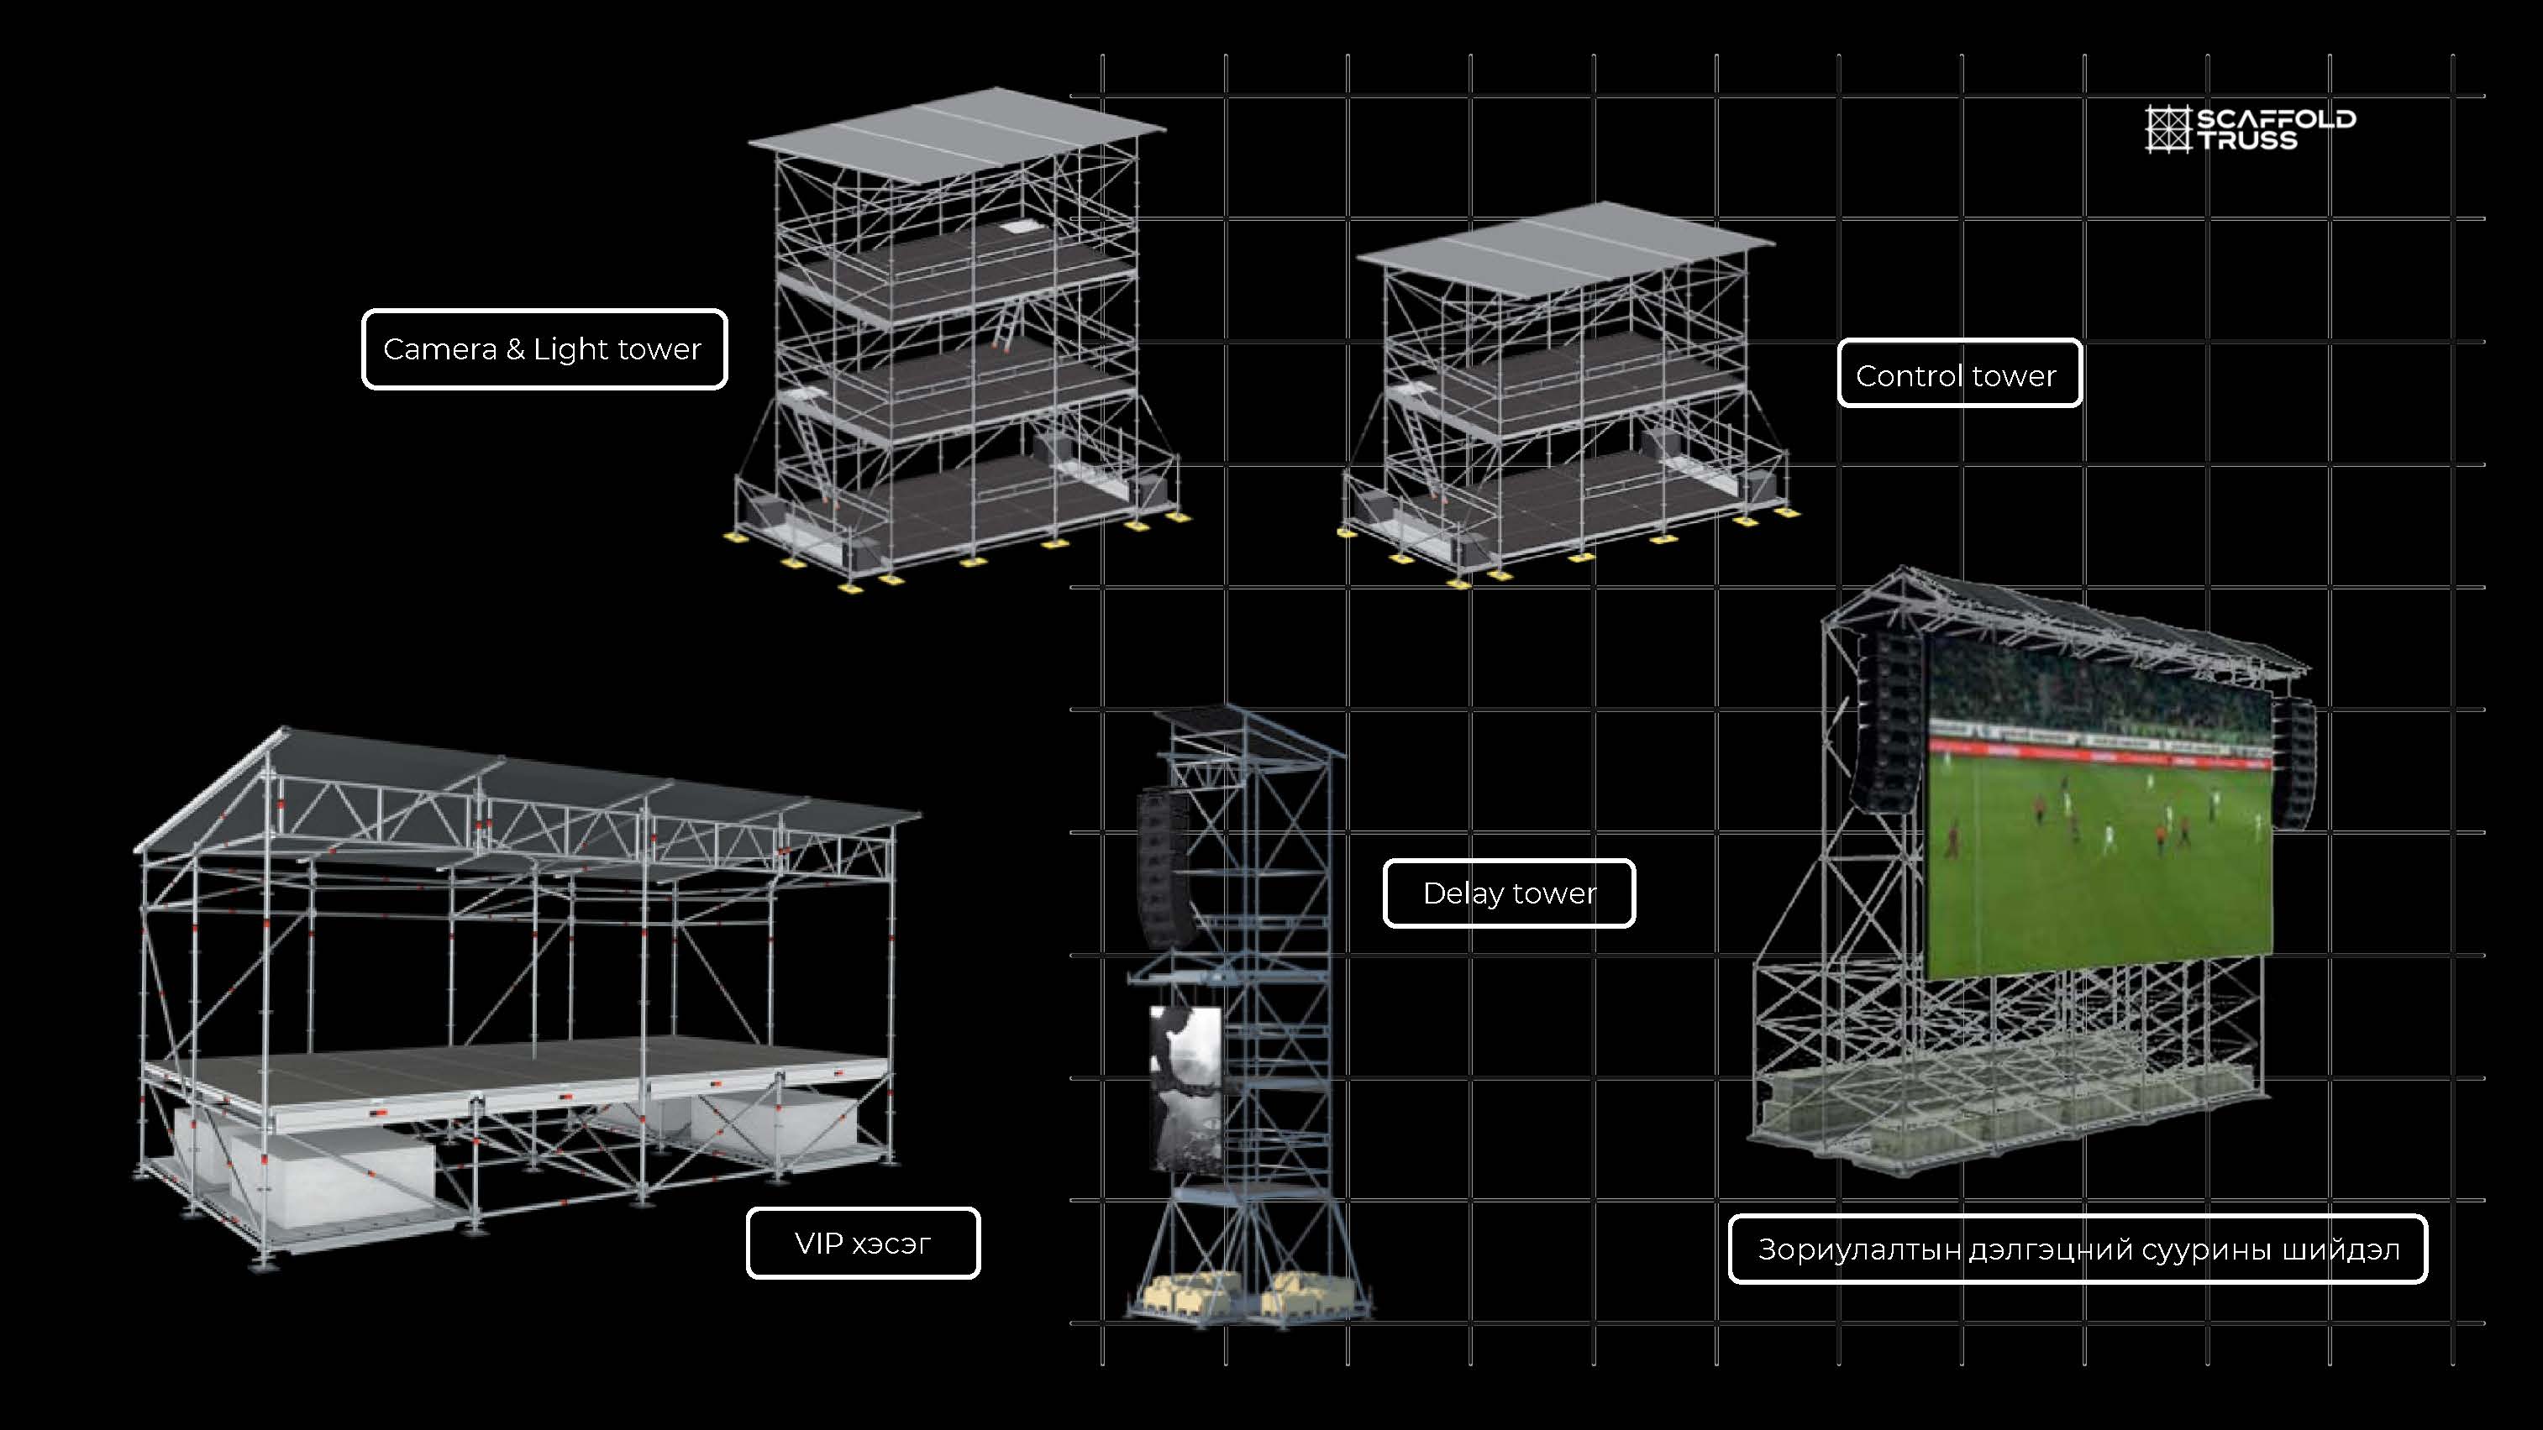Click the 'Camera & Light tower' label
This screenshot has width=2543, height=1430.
544,349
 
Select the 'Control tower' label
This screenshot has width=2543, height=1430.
1958,374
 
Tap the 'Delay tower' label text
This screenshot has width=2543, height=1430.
1509,893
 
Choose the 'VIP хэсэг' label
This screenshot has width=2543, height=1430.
863,1244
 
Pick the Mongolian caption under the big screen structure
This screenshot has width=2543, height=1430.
2078,1249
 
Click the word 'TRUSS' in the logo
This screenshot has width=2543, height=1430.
2246,140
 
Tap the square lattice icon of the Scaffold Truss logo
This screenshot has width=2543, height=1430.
2167,129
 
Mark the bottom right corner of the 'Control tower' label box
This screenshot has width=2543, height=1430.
2081,406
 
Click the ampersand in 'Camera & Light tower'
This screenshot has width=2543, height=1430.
514,349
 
